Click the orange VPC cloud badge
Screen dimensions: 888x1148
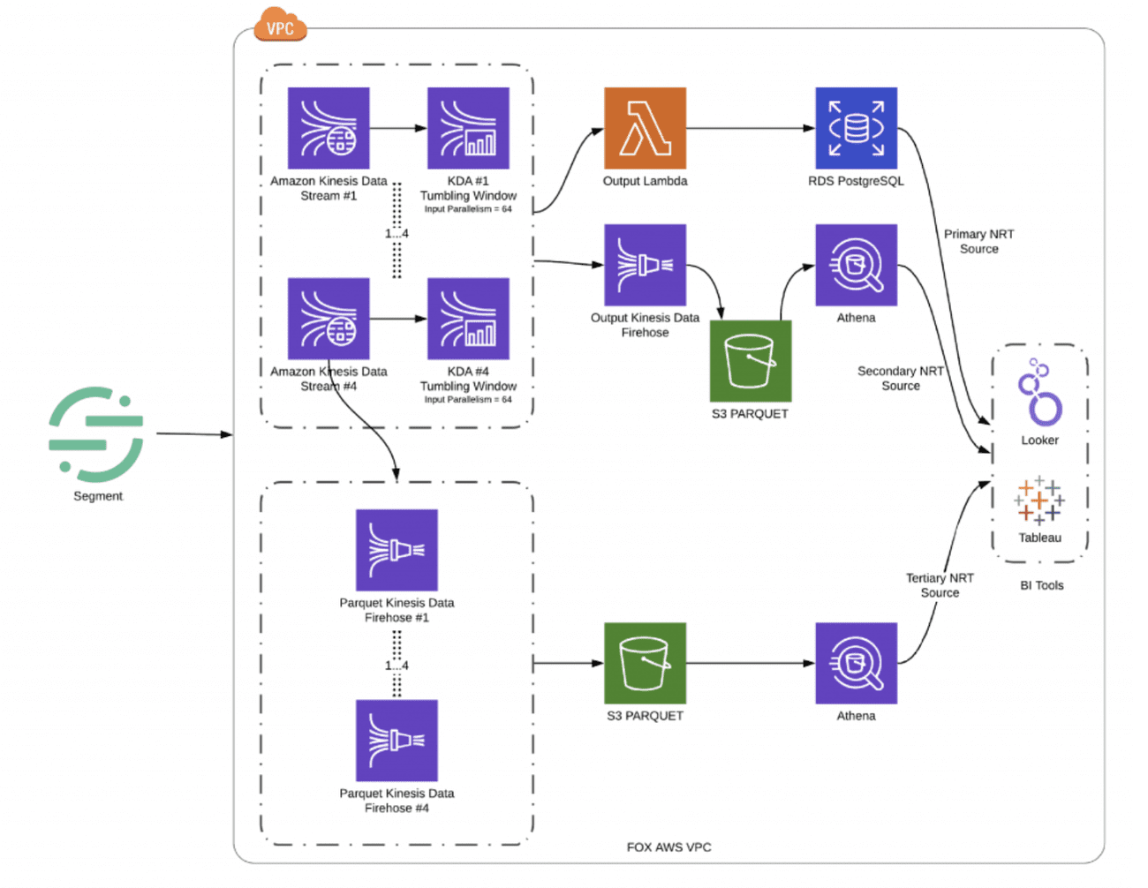[x=280, y=26]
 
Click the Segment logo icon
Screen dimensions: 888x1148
[x=96, y=433]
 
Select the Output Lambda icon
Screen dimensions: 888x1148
[x=645, y=128]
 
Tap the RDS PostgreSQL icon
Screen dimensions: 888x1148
[x=856, y=128]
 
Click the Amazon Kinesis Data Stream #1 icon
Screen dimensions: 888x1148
[x=329, y=128]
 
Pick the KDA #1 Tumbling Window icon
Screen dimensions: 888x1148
[x=468, y=128]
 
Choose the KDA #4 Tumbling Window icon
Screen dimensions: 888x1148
[x=468, y=319]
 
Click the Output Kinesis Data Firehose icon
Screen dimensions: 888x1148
[x=645, y=265]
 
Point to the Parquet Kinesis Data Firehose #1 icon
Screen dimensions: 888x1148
[x=397, y=550]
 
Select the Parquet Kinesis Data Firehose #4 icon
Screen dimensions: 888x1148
[x=397, y=741]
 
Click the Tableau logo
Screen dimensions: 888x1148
[x=1039, y=500]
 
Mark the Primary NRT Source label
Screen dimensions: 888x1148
[x=978, y=241]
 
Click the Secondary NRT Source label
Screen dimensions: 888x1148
[x=900, y=379]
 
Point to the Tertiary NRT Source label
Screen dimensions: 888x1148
[x=939, y=585]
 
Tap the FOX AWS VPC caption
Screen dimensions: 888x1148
[x=668, y=847]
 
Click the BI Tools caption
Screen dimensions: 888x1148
[x=1041, y=585]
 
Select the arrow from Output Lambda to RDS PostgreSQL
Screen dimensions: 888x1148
[x=751, y=128]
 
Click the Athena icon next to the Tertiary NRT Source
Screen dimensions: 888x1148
[x=856, y=663]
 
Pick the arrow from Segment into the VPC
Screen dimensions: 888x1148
[x=194, y=434]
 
